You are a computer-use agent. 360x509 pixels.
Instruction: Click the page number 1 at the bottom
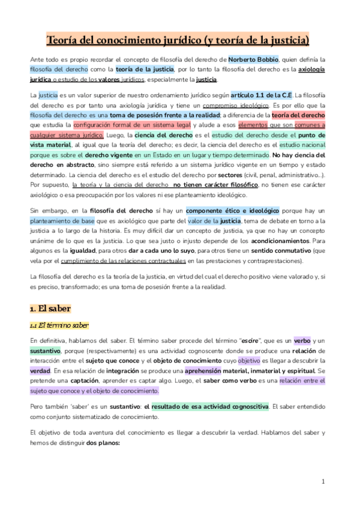point(323,481)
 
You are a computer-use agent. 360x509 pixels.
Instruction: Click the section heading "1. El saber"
point(50,309)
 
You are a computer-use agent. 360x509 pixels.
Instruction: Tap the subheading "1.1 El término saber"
point(59,326)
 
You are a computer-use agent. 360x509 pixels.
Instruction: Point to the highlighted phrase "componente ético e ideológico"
point(232,211)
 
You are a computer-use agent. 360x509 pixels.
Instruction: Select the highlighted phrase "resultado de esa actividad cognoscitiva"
point(210,407)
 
